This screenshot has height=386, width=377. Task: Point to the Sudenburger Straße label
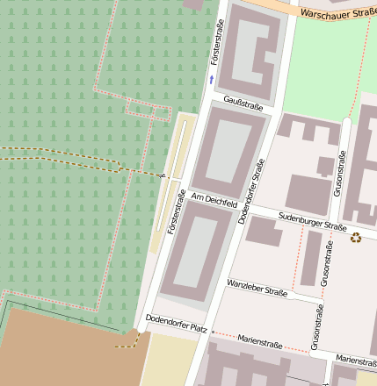pos(312,220)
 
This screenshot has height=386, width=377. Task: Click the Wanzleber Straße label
pos(257,289)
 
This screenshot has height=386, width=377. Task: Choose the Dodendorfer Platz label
pos(176,323)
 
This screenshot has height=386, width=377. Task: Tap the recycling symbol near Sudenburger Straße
pos(356,237)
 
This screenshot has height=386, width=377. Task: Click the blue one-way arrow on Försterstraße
pos(211,80)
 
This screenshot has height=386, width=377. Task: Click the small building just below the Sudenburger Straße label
pos(264,232)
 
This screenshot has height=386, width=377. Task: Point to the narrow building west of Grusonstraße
pos(311,258)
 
